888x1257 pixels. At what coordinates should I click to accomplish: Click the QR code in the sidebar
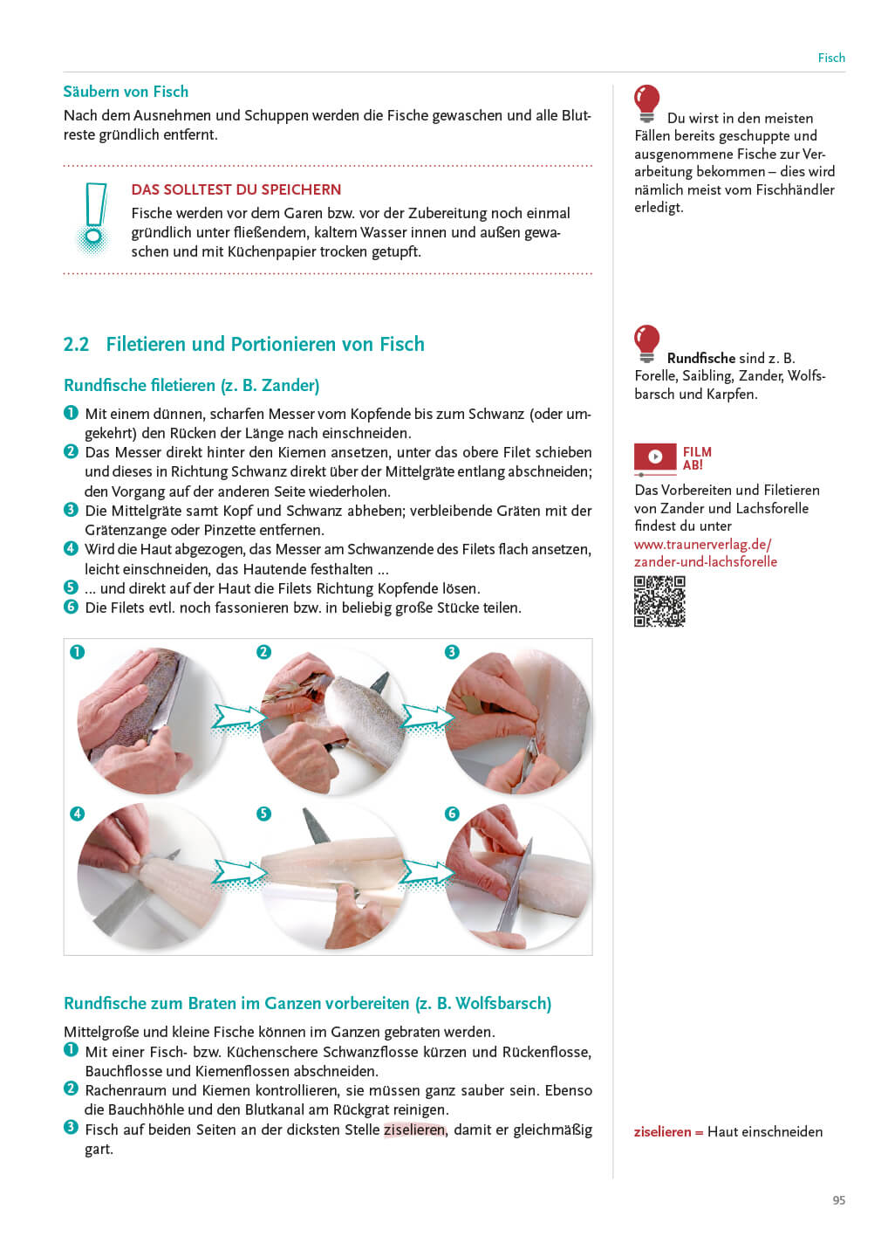[659, 601]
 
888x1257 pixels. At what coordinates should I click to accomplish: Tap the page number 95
[838, 1200]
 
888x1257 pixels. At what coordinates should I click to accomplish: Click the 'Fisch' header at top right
[830, 58]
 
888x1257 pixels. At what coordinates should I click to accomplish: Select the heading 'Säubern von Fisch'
[126, 92]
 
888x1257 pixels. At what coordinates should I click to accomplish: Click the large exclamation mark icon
[93, 218]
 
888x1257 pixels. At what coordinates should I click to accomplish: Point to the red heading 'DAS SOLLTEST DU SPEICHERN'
[236, 189]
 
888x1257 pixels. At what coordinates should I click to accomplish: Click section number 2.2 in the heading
[76, 344]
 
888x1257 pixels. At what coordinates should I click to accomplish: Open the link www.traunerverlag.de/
[702, 544]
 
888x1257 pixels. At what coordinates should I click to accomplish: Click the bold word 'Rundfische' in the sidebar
[700, 358]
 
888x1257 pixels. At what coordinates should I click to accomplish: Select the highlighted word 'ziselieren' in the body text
[414, 1130]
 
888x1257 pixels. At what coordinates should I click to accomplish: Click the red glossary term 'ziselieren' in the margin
[662, 1131]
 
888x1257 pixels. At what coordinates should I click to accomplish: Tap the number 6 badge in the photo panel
[452, 814]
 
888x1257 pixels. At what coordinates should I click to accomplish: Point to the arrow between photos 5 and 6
[427, 873]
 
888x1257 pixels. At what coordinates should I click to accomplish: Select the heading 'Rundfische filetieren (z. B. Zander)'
[191, 385]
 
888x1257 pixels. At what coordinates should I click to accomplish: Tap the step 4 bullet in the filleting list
[71, 549]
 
